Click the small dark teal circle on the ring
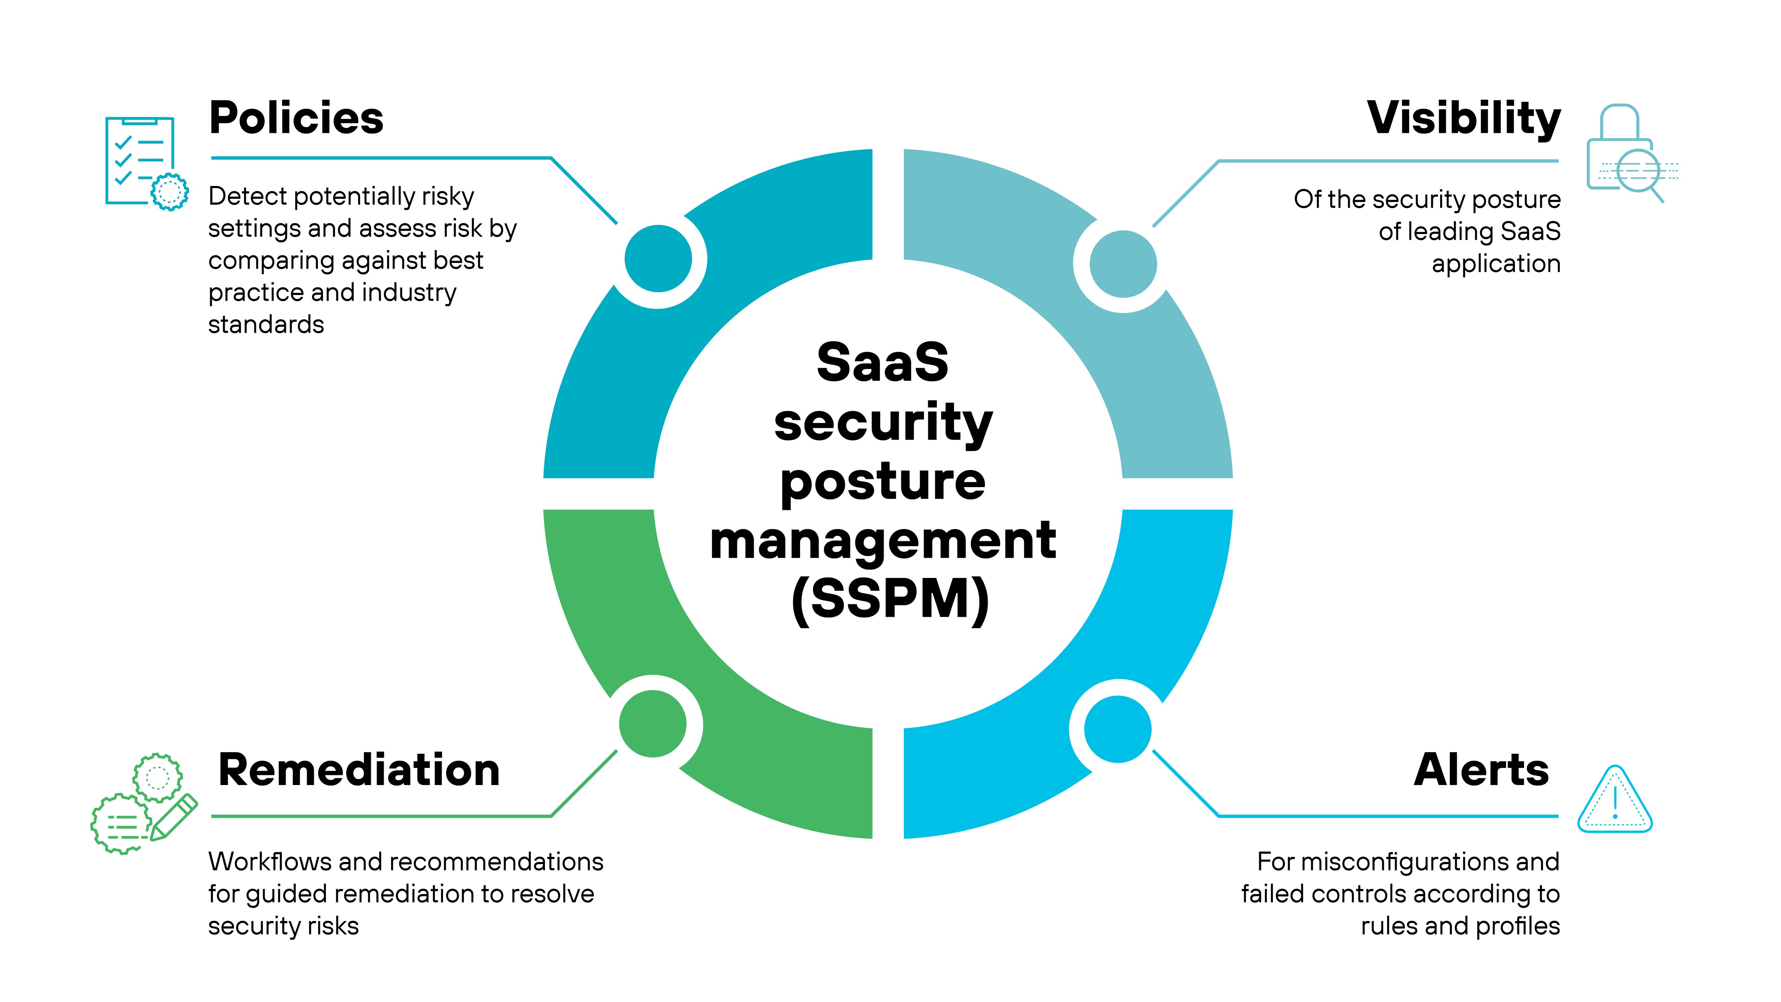[658, 259]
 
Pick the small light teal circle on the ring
[1123, 263]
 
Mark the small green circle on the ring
[653, 724]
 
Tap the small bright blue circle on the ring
[1117, 729]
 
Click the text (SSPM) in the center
[890, 600]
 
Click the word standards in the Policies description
[266, 324]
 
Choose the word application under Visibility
[1496, 263]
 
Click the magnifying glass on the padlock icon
[1639, 171]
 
